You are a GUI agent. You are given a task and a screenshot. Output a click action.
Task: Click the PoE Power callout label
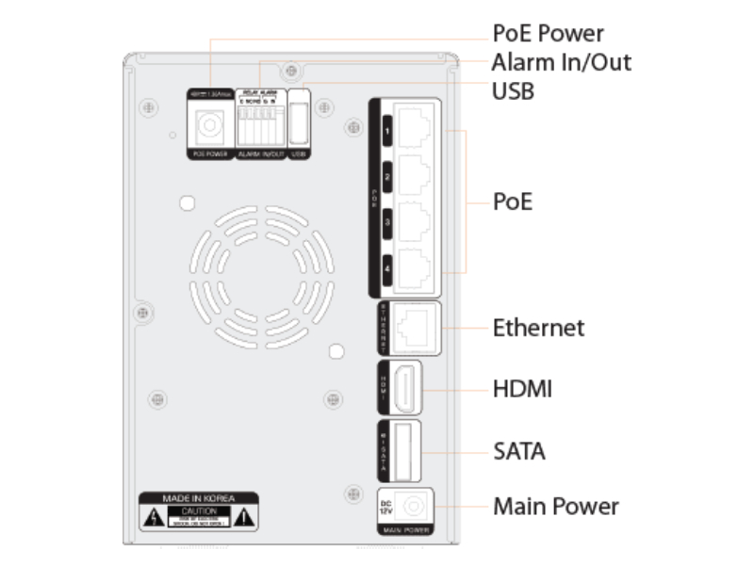(549, 34)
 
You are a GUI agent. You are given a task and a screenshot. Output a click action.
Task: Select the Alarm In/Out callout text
(562, 63)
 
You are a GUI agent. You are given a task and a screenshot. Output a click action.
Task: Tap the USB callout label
(515, 91)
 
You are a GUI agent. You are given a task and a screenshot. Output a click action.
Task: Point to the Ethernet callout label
(538, 328)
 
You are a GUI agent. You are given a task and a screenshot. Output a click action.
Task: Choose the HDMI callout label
(521, 389)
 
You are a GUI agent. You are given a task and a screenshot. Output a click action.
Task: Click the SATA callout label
(519, 451)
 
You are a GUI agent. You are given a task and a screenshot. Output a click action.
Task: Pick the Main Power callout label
(556, 507)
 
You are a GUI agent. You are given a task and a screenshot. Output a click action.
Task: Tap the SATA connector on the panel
(404, 451)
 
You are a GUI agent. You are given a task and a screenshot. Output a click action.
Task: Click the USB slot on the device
(299, 122)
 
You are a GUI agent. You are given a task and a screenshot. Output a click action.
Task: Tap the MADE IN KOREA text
(199, 497)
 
